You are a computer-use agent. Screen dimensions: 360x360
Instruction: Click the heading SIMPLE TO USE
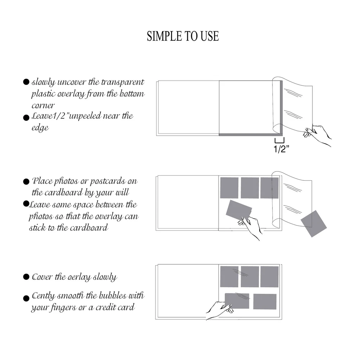183,36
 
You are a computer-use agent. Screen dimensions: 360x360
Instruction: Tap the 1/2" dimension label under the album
281,149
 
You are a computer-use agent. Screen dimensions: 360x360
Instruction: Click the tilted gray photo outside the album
314,224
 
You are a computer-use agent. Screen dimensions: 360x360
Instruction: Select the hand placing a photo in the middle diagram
250,227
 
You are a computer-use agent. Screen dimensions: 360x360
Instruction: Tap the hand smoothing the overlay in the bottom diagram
219,310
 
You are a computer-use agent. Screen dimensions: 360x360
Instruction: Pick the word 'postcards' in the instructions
107,181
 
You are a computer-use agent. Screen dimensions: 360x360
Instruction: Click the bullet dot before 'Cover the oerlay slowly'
26,276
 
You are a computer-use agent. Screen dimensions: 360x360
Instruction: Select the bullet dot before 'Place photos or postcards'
26,181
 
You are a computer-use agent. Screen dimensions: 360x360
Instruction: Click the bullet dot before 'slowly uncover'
26,82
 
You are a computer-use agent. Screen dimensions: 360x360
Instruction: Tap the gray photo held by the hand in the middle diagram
239,210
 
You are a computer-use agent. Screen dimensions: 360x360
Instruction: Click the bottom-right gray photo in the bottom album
265,301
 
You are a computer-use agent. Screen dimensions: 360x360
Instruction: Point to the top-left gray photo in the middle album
229,188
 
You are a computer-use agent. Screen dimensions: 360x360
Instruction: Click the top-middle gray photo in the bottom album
250,276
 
